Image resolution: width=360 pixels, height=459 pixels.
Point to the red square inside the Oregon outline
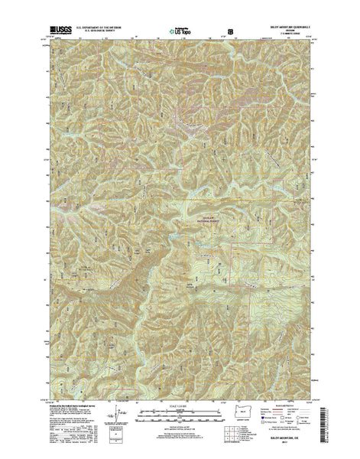(234, 419)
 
